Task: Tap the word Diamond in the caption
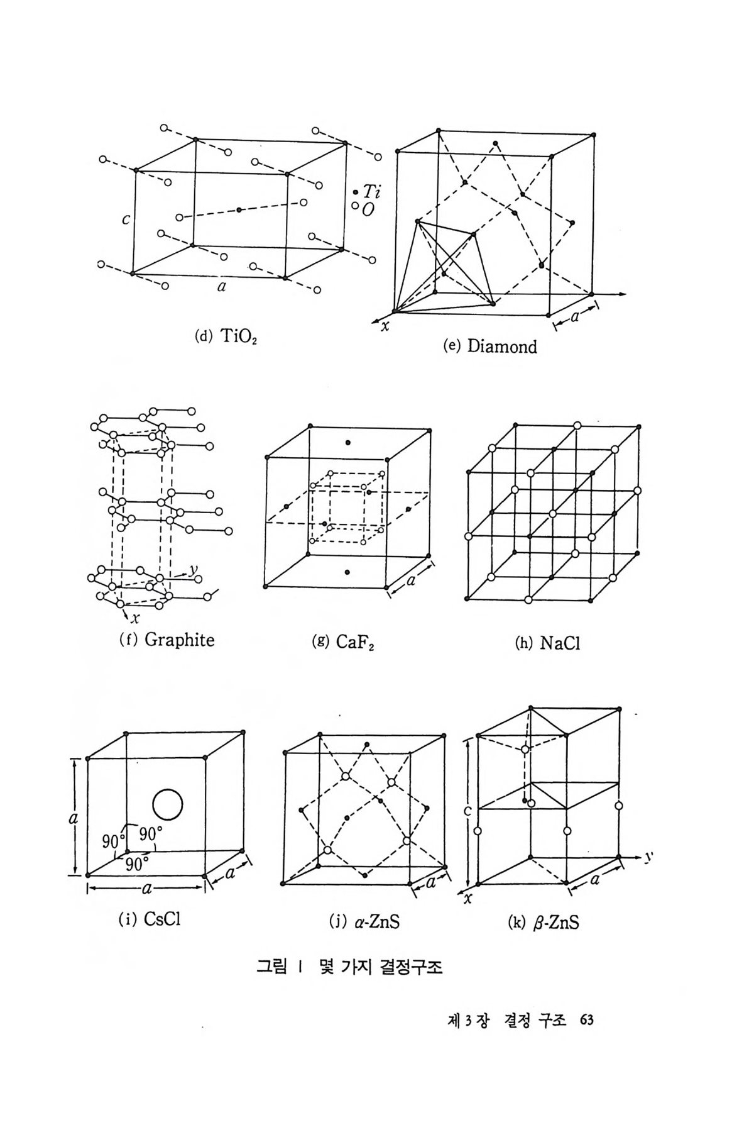click(502, 347)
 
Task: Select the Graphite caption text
click(180, 640)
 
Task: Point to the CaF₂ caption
click(355, 642)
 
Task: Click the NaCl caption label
click(559, 643)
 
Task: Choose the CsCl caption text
click(162, 919)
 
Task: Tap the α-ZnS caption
click(377, 922)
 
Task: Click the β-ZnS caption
click(555, 923)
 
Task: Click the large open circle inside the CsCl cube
click(167, 804)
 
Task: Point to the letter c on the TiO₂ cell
click(126, 219)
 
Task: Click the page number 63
click(587, 1019)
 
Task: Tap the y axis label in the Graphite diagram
click(194, 569)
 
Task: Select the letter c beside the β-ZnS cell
click(467, 811)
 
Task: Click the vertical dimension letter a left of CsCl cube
click(73, 819)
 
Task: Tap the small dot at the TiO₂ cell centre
click(239, 209)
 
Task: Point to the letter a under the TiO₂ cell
click(221, 287)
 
